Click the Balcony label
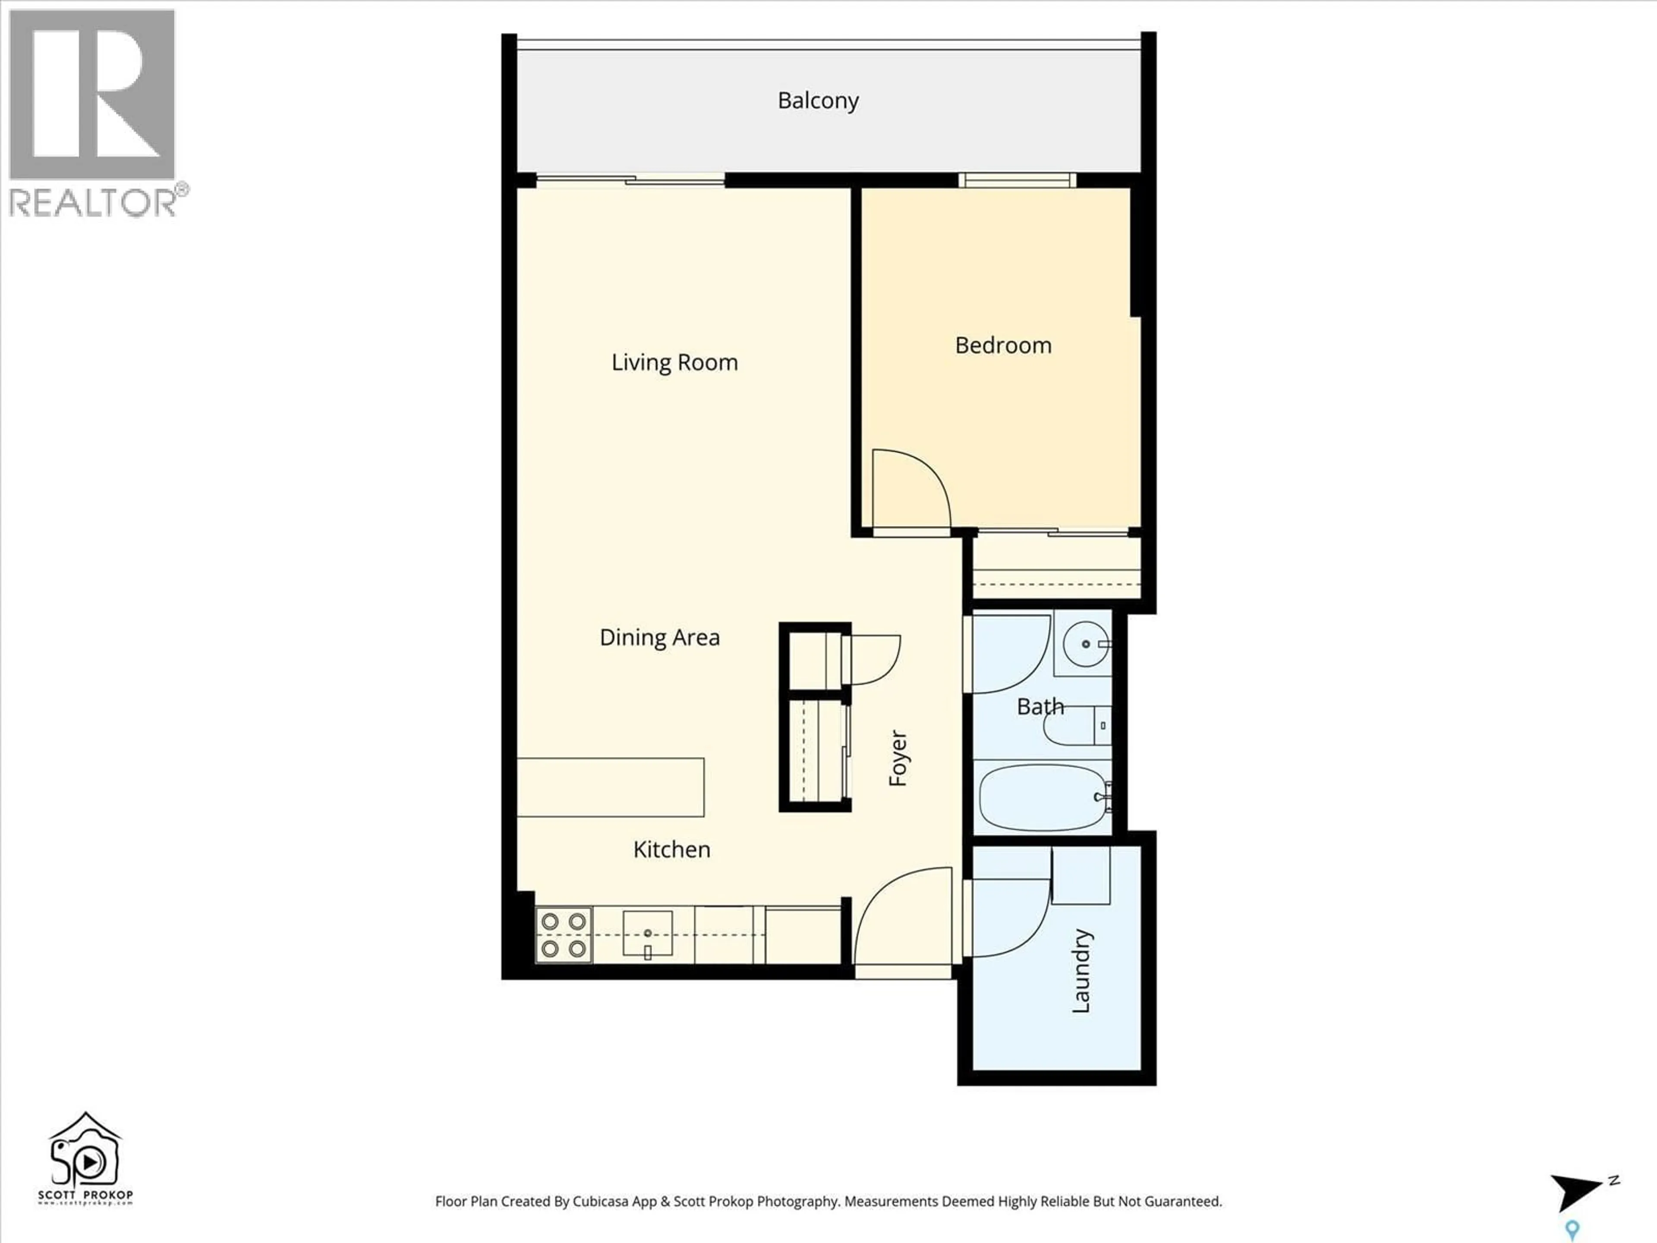click(818, 101)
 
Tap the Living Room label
click(674, 363)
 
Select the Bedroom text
click(1003, 345)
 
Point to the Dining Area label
click(659, 637)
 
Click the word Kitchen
click(671, 850)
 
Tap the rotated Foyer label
click(898, 758)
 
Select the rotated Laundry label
click(1081, 971)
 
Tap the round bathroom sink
click(1085, 644)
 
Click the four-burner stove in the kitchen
click(563, 935)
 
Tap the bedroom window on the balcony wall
click(1017, 180)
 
